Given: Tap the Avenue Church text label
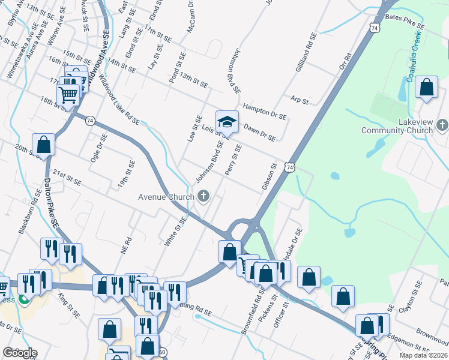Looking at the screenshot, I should [166, 196].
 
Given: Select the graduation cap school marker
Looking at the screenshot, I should [228, 122].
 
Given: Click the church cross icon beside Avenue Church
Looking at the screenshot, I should [203, 196].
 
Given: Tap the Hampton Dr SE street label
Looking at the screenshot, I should [265, 110].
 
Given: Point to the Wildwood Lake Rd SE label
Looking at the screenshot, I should [119, 100].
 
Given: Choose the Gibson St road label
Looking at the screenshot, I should [268, 177].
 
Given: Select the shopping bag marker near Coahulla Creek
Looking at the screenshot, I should [426, 88].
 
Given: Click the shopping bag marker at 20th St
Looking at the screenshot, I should [44, 145].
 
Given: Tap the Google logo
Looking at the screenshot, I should [20, 353].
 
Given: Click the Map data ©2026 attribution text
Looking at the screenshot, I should [424, 355].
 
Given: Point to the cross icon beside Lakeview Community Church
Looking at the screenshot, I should [442, 125].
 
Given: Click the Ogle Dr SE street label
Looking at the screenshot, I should [100, 148].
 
